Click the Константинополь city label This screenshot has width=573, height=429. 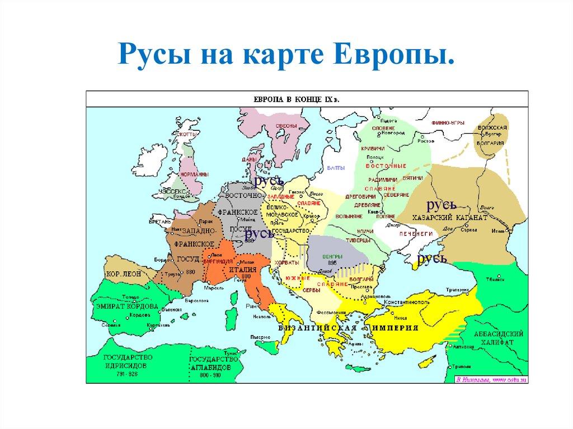tap(406, 302)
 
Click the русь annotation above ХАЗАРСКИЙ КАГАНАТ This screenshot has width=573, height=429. tap(441, 205)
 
